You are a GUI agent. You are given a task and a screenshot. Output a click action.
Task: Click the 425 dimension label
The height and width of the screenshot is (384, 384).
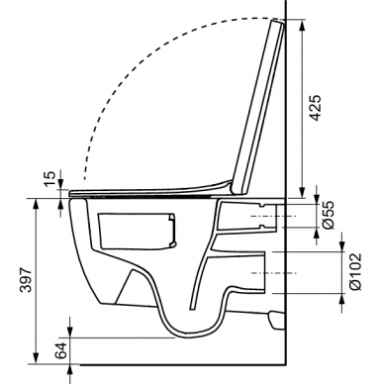click(x=316, y=108)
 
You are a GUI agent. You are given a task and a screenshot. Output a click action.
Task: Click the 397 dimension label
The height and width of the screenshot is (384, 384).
click(x=26, y=280)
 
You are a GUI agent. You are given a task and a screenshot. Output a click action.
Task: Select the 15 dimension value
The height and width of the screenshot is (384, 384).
click(x=49, y=179)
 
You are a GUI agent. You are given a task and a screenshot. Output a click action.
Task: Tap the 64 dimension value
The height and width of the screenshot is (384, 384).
click(x=61, y=350)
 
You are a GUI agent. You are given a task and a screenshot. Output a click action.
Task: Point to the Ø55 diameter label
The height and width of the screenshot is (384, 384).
click(x=329, y=215)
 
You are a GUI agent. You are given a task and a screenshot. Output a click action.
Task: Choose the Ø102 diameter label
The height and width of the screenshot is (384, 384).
click(x=354, y=272)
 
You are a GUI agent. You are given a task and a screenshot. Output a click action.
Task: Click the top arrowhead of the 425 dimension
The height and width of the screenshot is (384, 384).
click(x=302, y=25)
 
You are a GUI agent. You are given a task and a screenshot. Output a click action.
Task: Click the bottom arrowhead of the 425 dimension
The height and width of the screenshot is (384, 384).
click(x=302, y=192)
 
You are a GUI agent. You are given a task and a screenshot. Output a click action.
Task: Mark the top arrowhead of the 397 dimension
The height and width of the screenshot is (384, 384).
click(x=36, y=205)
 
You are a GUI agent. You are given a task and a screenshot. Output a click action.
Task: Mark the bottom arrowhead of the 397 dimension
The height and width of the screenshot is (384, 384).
click(x=36, y=358)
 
